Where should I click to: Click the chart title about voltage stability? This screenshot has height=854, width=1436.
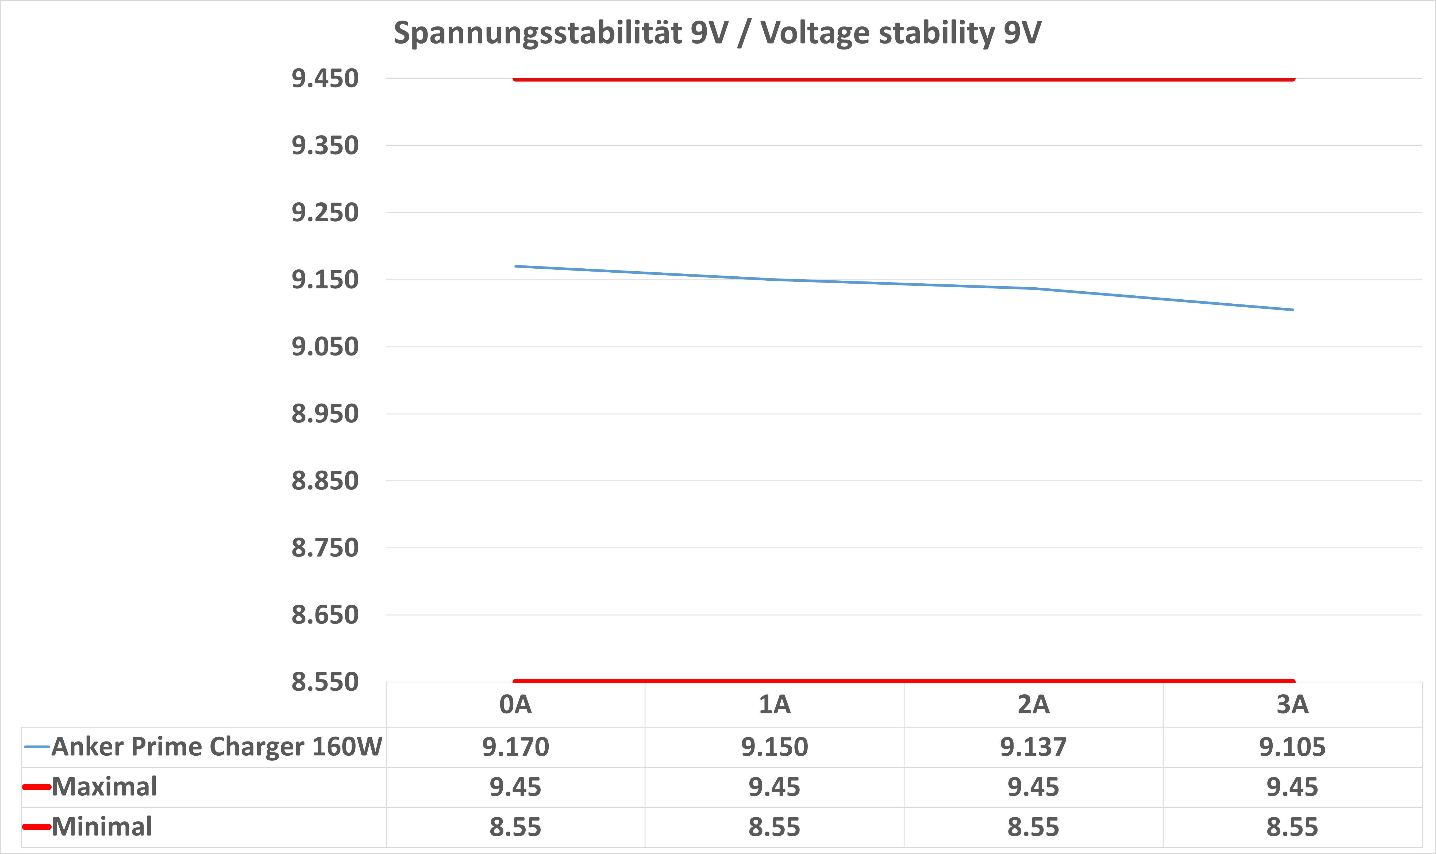coord(717,33)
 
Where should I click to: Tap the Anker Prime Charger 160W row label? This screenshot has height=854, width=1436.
coord(216,747)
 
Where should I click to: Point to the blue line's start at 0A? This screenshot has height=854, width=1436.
coord(516,266)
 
